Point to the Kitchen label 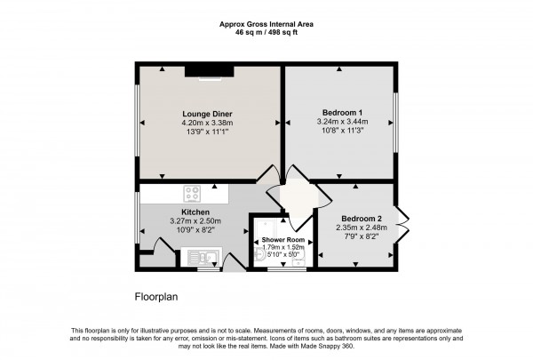click(x=195, y=212)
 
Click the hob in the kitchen click(x=195, y=193)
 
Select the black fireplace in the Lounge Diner click(x=216, y=74)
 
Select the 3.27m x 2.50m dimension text click(x=195, y=220)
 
